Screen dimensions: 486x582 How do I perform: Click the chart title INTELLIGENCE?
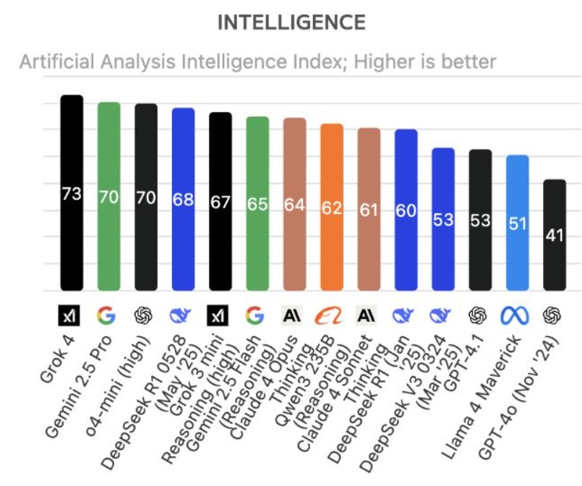click(x=291, y=22)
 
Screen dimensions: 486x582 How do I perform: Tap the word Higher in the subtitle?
click(x=387, y=61)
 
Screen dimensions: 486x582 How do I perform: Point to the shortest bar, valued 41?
click(x=555, y=235)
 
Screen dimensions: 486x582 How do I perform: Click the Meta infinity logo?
click(x=517, y=315)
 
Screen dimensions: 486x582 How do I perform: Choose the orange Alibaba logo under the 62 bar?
click(x=332, y=315)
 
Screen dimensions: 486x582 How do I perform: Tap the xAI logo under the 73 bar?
click(x=71, y=315)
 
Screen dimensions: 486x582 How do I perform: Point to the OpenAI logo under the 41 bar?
click(x=555, y=315)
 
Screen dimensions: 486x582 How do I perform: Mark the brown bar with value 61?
click(x=369, y=209)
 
